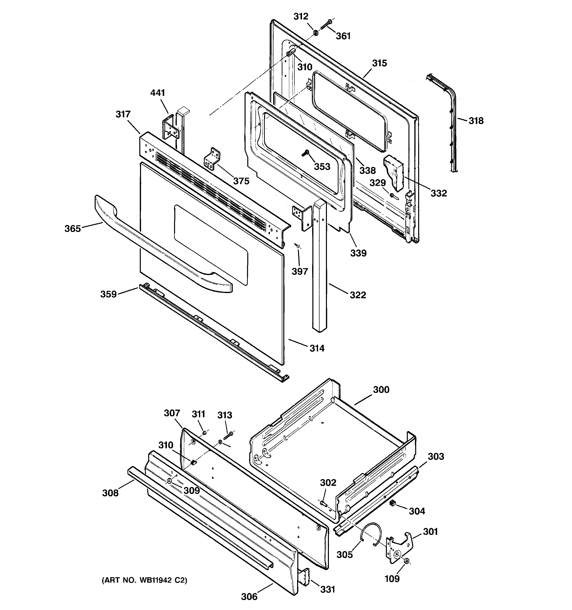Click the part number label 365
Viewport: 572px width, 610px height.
pos(72,229)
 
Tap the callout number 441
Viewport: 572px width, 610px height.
pos(158,93)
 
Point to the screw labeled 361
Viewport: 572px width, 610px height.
pos(325,25)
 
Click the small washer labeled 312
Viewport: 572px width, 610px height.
pos(315,32)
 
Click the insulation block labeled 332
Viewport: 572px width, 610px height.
pos(393,172)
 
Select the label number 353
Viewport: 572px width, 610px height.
pos(322,167)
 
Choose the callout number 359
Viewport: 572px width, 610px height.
pos(108,294)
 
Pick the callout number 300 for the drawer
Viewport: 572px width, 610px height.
pos(381,390)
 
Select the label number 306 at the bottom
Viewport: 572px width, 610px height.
pos(249,596)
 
